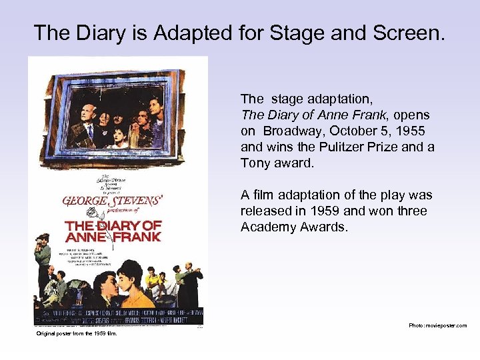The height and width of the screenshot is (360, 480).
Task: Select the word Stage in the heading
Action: click(x=311, y=32)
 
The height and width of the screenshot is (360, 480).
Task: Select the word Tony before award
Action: click(x=257, y=163)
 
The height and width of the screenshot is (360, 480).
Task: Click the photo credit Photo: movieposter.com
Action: click(x=437, y=326)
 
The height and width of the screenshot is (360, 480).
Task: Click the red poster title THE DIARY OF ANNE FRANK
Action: click(x=113, y=229)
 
